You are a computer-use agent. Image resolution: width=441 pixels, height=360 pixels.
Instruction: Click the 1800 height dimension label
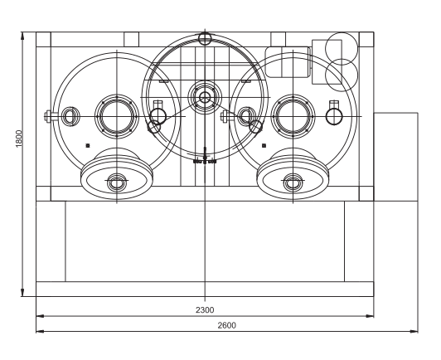[19, 139]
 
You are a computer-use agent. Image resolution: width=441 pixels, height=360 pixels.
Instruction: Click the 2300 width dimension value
[205, 310]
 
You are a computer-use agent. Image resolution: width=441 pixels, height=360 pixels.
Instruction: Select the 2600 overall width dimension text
[226, 325]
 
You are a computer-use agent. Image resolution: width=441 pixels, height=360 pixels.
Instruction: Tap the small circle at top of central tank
[205, 38]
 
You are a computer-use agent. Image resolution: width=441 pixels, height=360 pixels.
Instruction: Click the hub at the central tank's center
[205, 98]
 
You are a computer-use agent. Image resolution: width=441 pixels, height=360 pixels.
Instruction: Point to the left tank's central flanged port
[117, 116]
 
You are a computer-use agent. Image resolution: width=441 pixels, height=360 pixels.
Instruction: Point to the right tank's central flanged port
[293, 116]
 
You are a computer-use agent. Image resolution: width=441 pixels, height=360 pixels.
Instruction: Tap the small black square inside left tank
[88, 145]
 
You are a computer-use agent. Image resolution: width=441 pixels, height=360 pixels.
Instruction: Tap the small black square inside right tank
[264, 145]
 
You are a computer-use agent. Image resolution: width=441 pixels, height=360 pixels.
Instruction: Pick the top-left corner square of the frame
[43, 40]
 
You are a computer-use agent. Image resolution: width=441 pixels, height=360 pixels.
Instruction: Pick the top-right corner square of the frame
[366, 40]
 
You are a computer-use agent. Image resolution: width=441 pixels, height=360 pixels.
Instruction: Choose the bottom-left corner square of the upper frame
[43, 193]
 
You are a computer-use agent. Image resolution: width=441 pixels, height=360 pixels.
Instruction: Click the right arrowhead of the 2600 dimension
[414, 331]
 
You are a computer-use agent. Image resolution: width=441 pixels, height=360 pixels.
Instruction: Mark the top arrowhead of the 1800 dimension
[22, 36]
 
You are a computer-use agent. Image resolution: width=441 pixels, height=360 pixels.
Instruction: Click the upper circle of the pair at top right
[342, 48]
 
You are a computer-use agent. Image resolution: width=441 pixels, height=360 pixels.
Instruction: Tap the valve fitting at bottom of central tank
[205, 156]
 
